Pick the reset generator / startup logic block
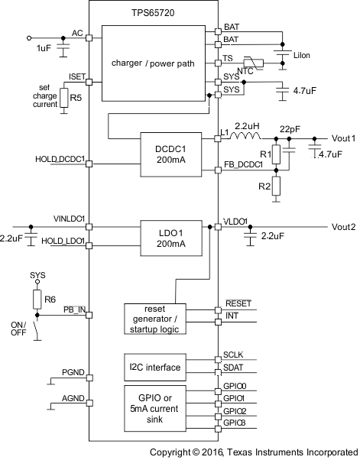coord(155,318)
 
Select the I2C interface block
coord(155,368)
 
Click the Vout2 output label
coord(343,227)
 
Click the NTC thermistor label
coord(247,71)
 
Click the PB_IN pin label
coord(73,309)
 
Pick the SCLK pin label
coord(234,356)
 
